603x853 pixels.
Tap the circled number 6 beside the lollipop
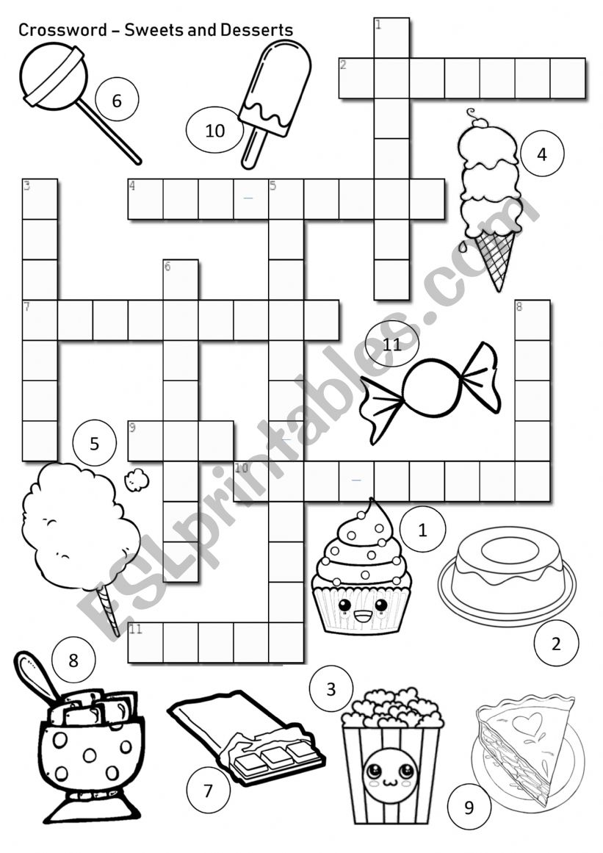pos(116,101)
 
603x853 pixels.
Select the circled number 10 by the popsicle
pos(214,131)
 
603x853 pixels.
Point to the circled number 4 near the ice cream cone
pos(542,154)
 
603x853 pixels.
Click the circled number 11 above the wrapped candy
pos(392,343)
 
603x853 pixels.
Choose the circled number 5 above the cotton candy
pos(94,444)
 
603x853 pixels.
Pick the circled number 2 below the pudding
pos(556,644)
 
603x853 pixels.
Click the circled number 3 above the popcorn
pos(331,689)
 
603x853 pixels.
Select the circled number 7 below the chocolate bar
pos(208,791)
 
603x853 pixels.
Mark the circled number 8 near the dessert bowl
pos(73,660)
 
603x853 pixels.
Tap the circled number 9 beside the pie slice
pos(469,808)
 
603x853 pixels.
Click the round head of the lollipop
pos(52,77)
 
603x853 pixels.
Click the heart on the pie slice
pos(527,723)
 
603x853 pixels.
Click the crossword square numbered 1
pos(391,38)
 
